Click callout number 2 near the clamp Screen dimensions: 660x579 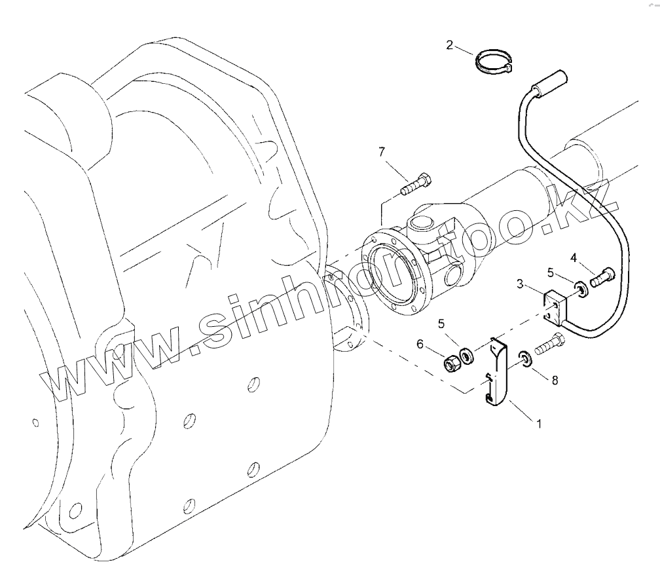[x=449, y=45]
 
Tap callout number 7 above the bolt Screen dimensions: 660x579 [x=382, y=152]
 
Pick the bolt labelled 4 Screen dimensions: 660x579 [x=603, y=278]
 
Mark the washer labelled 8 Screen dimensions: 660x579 [x=524, y=357]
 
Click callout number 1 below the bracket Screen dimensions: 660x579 [x=539, y=424]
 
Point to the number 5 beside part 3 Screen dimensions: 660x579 [x=551, y=272]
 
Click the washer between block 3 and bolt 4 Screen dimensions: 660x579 [x=580, y=288]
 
